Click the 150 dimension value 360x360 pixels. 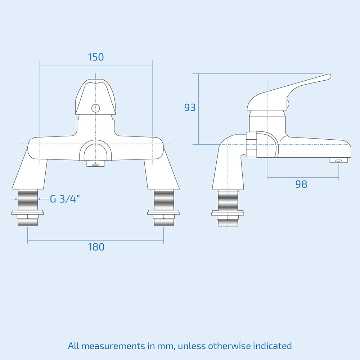click(x=96, y=57)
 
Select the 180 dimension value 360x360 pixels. click(x=96, y=247)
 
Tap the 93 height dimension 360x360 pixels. click(x=190, y=107)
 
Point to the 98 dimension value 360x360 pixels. click(x=301, y=184)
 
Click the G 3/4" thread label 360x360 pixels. click(x=65, y=199)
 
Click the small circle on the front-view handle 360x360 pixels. click(x=95, y=107)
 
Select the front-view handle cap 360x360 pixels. click(x=95, y=97)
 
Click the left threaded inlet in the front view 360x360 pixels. click(x=28, y=199)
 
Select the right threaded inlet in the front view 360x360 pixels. click(x=164, y=199)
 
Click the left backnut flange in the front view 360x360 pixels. click(x=28, y=213)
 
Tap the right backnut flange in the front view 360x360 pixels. click(x=164, y=213)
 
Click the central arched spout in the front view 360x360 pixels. click(x=95, y=151)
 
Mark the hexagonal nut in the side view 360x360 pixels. click(x=251, y=144)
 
